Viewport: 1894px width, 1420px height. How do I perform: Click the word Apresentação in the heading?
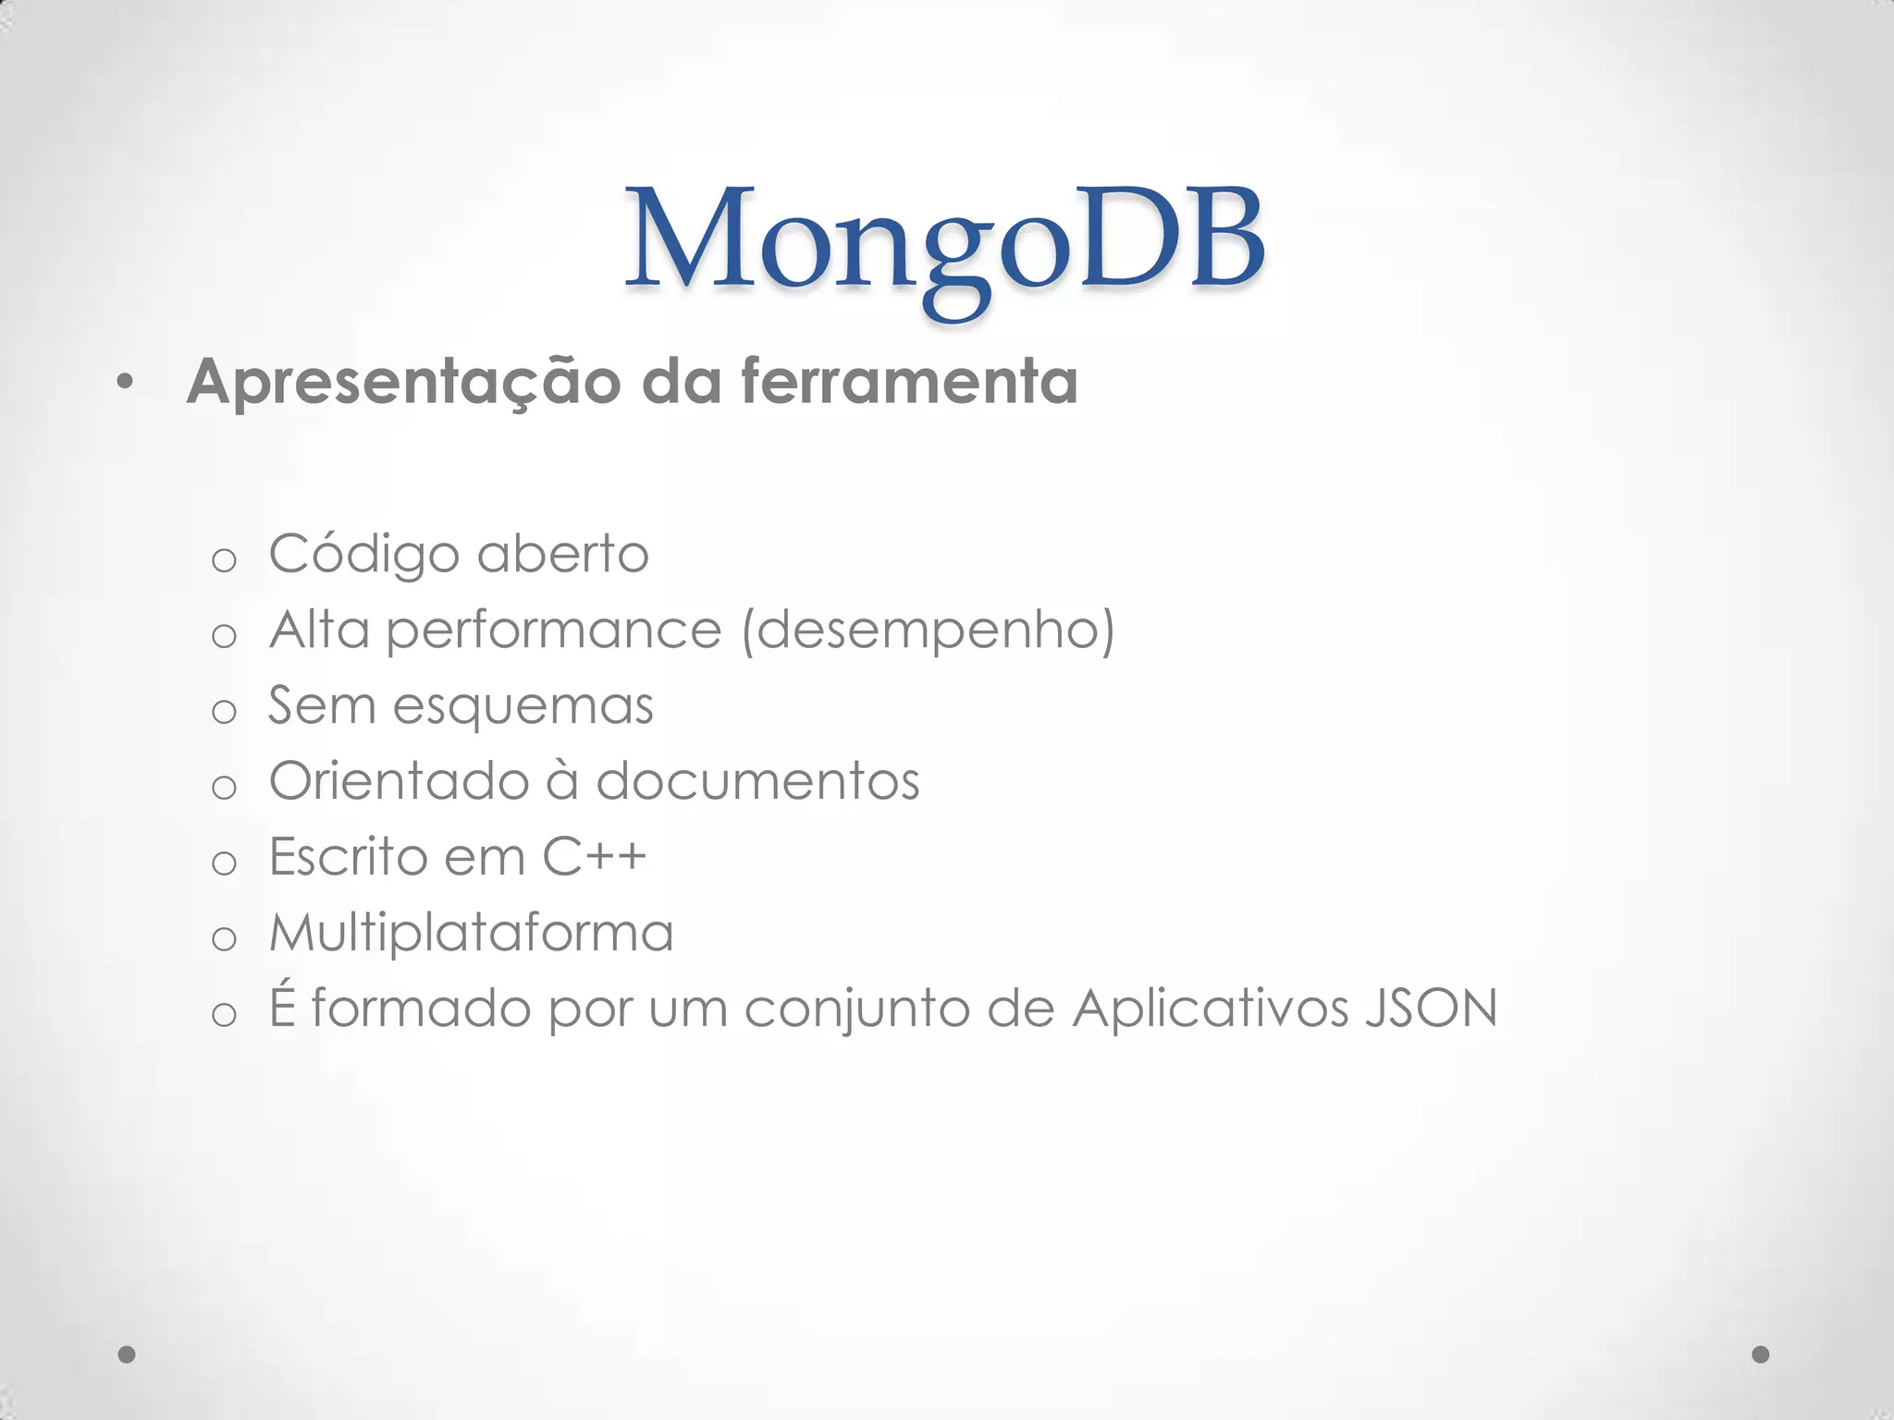[x=403, y=381]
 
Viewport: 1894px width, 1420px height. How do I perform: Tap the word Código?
[x=364, y=555]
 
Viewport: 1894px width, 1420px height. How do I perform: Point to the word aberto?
[x=563, y=555]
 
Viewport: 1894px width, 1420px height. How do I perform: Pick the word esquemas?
[x=523, y=707]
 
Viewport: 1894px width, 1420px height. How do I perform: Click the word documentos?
[x=757, y=782]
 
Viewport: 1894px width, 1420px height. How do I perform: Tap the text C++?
[x=594, y=857]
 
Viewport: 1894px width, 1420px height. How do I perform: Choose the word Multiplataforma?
[x=472, y=933]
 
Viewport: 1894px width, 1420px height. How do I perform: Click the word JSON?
[x=1431, y=1009]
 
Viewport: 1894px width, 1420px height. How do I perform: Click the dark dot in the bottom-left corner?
[x=128, y=1354]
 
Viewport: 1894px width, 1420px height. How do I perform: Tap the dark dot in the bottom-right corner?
[x=1761, y=1354]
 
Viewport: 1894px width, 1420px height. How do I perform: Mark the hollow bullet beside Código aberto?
[x=224, y=560]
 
